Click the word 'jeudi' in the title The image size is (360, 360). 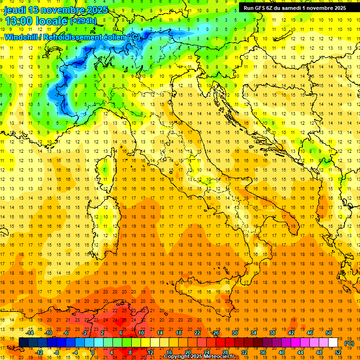[x=15, y=10]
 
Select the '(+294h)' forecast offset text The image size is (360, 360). [x=83, y=21]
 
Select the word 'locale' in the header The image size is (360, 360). [x=53, y=21]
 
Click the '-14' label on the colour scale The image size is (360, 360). [x=30, y=333]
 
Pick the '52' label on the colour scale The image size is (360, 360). [x=338, y=352]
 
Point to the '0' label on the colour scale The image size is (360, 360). [x=93, y=352]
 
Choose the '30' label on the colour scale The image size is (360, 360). [x=234, y=333]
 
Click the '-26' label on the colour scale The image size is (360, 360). [x=215, y=333]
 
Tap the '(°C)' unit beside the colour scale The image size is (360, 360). [x=349, y=343]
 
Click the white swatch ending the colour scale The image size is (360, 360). [x=333, y=343]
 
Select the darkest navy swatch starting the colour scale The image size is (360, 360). [x=23, y=343]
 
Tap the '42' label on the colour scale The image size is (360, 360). [x=291, y=333]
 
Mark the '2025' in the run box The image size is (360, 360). [x=338, y=7]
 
